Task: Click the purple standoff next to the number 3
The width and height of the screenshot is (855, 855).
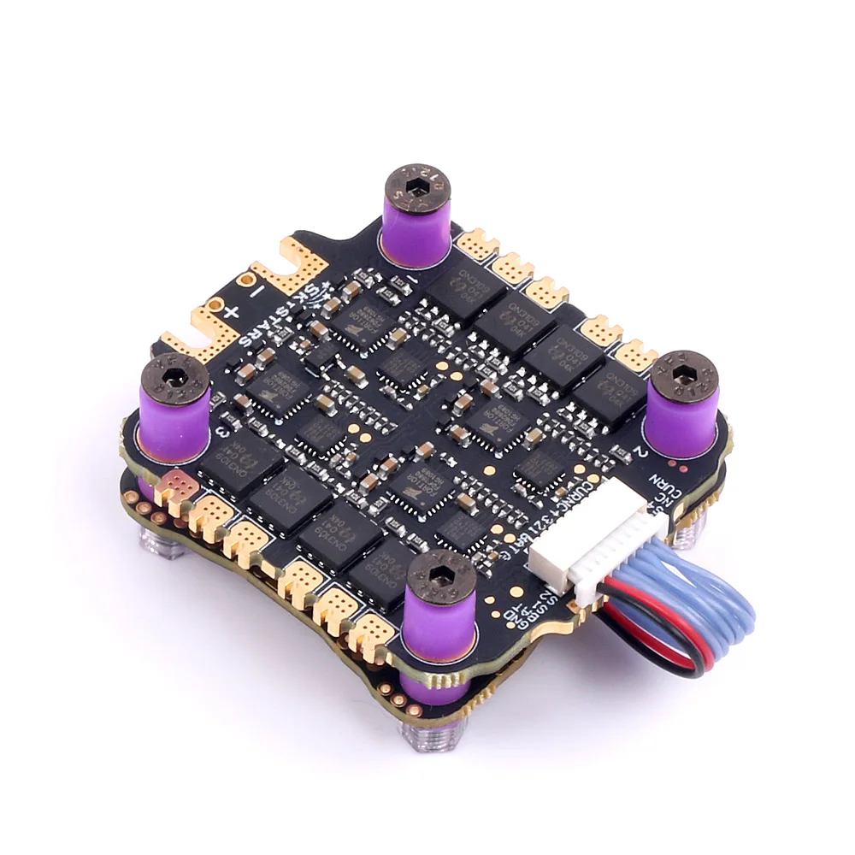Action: pos(174,419)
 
